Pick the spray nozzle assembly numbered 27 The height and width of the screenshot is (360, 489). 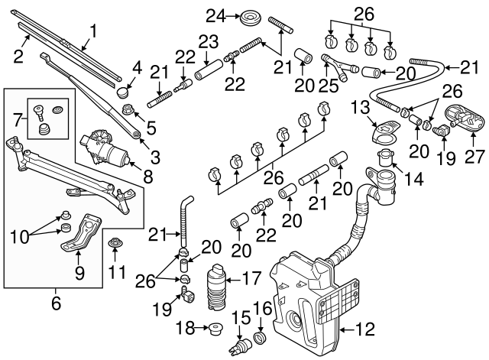click(462, 118)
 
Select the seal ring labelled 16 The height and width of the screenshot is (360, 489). click(260, 338)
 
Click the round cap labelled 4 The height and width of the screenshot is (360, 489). click(121, 92)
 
